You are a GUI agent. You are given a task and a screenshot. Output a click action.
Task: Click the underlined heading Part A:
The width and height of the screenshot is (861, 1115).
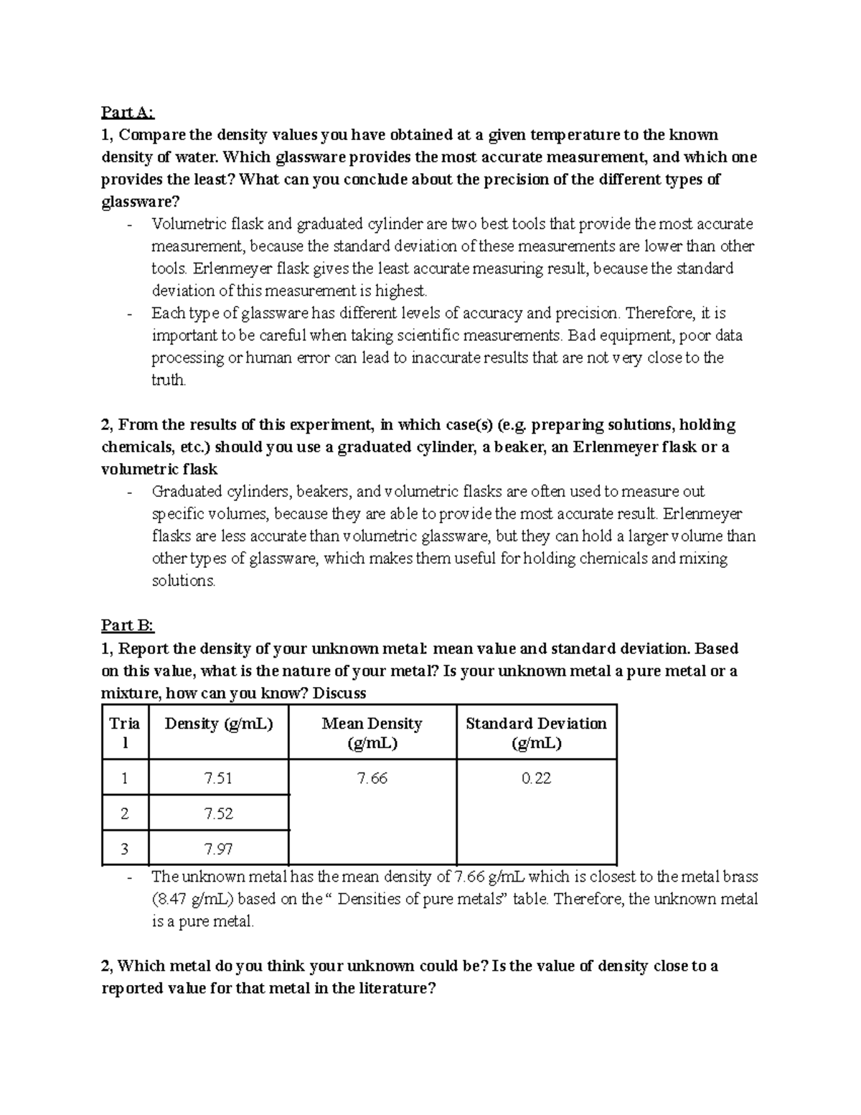pos(128,113)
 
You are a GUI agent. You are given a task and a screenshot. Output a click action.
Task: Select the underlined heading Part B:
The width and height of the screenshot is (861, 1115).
pos(128,626)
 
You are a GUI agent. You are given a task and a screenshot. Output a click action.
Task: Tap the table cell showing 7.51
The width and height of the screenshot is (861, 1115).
pos(218,778)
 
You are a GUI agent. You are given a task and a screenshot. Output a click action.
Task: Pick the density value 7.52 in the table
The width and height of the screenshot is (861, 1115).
pos(218,813)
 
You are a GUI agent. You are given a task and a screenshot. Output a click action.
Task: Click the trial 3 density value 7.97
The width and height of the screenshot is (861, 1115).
pos(218,849)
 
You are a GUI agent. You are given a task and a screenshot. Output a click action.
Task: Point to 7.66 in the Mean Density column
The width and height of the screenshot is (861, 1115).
pos(372,778)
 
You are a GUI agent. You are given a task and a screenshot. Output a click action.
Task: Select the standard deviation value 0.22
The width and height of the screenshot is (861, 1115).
pos(536,778)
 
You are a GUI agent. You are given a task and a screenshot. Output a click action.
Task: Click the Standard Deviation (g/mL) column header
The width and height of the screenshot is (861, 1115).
pos(536,732)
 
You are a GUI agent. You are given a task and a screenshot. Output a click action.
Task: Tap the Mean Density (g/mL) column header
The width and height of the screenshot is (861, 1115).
pos(372,732)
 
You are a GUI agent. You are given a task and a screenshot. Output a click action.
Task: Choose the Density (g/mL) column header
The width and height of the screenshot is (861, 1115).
pos(218,724)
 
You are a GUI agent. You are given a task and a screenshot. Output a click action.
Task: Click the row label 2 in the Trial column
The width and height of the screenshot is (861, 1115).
pos(125,813)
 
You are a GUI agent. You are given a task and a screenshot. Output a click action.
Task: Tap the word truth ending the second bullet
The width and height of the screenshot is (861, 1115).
pos(169,381)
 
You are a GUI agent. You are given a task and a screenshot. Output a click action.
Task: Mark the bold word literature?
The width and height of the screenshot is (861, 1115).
pos(394,989)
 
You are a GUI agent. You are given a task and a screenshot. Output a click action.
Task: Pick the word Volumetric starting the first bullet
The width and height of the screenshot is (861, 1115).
pos(187,224)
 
